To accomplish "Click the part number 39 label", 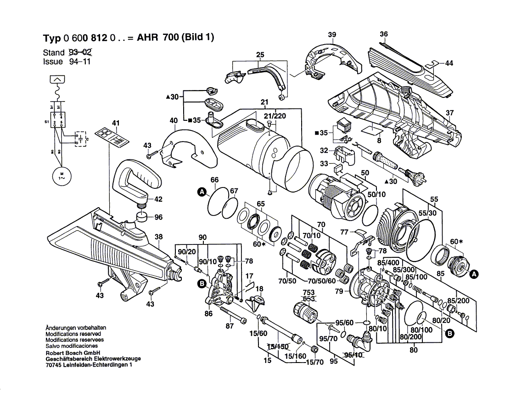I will (x=332, y=34).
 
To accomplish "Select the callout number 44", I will (x=449, y=63).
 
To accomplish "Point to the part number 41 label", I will (x=115, y=123).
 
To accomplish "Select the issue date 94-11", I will (x=78, y=62).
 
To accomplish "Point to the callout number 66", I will (x=214, y=180).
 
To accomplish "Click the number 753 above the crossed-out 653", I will (x=309, y=292).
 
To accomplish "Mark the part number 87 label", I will (x=230, y=326).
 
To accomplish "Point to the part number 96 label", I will (x=158, y=217).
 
